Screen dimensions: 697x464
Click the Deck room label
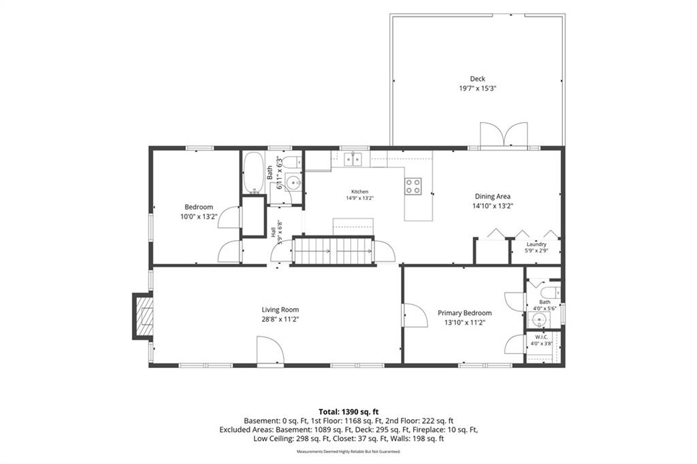(477, 79)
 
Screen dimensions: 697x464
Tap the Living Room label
(280, 310)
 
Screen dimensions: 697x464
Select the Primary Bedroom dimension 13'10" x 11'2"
(464, 322)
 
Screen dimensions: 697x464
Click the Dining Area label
(493, 196)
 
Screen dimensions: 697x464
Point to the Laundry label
(536, 244)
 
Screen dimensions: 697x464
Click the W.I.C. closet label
(541, 337)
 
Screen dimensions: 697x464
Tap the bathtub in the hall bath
(253, 173)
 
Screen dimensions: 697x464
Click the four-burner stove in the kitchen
(413, 186)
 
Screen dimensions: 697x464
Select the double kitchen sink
(353, 159)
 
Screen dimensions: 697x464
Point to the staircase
(333, 251)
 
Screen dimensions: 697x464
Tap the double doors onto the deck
(504, 134)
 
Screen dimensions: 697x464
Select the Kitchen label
(359, 192)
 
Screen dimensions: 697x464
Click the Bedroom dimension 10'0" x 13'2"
(199, 216)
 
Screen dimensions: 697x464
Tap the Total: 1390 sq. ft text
(348, 412)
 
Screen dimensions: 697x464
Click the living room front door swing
(270, 351)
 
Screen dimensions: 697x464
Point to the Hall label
(272, 231)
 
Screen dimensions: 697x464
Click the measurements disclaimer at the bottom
(348, 452)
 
